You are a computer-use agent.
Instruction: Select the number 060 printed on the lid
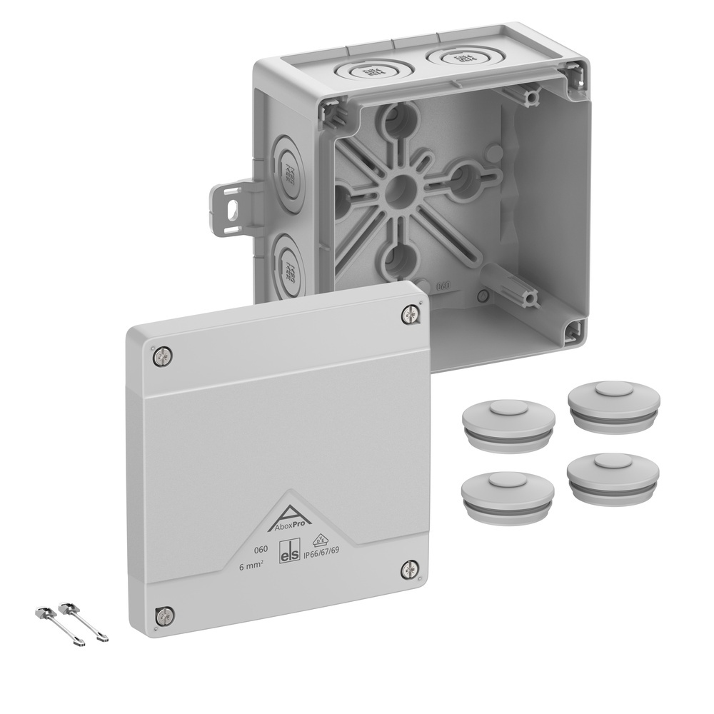(x=262, y=550)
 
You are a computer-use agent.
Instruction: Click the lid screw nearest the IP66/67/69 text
(x=409, y=569)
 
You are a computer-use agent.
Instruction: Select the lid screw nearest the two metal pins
(x=164, y=615)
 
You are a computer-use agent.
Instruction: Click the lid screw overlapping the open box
(x=410, y=313)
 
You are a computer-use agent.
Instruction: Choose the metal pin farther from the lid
(x=61, y=626)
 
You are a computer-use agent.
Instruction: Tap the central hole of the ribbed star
(x=400, y=189)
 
